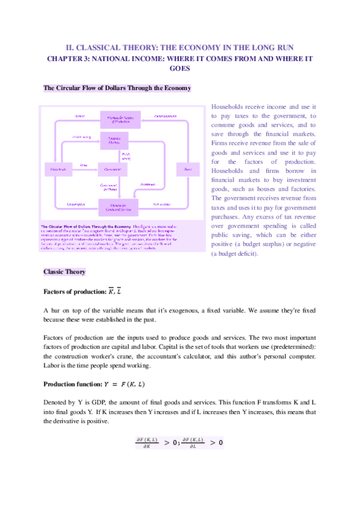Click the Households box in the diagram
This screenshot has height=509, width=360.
[58, 170]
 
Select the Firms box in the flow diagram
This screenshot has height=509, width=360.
[188, 170]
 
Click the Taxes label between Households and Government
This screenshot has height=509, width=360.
[85, 164]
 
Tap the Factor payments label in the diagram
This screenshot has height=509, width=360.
[164, 114]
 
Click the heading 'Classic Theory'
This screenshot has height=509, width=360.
[65, 272]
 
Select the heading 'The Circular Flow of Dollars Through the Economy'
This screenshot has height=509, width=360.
[118, 88]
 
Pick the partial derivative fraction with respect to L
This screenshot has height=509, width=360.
[193, 443]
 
